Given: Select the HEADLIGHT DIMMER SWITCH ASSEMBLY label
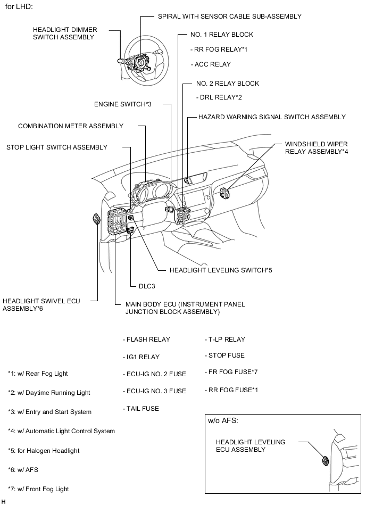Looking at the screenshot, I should (63, 34).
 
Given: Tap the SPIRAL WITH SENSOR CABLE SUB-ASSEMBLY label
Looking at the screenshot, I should (229, 16).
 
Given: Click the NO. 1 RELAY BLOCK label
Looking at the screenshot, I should (221, 35).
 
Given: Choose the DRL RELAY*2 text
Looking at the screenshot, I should (219, 97).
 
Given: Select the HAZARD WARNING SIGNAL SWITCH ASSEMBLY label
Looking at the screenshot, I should (271, 117).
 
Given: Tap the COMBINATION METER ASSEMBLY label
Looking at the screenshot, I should (71, 127).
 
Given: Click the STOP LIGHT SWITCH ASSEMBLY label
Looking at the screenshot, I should (57, 147).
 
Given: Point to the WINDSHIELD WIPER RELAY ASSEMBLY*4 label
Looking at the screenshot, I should (316, 147).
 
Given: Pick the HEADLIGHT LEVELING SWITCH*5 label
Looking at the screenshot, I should (221, 270).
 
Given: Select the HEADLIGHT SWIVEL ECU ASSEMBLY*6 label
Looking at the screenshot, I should (41, 304).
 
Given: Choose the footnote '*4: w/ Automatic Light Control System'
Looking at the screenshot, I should (61, 431).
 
